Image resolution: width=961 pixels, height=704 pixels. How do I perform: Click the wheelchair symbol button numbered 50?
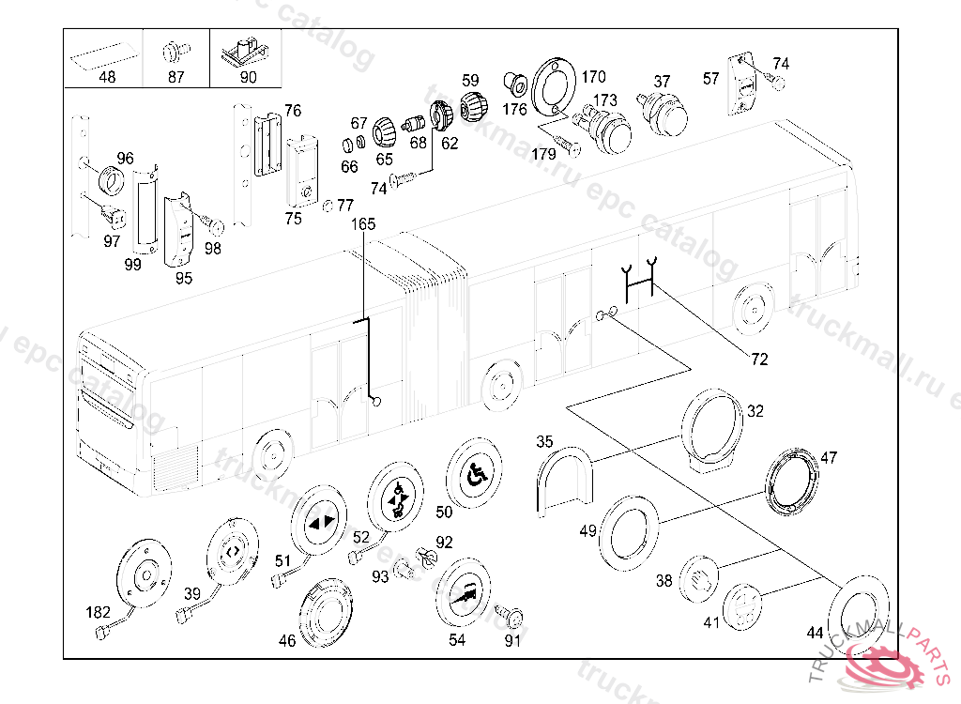pyautogui.click(x=475, y=475)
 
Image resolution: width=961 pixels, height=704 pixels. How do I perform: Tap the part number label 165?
pyautogui.click(x=363, y=224)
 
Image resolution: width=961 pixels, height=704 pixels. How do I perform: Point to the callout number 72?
pyautogui.click(x=759, y=359)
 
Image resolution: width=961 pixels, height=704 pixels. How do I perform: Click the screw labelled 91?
pyautogui.click(x=512, y=618)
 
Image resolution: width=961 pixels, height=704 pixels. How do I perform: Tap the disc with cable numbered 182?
pyautogui.click(x=144, y=574)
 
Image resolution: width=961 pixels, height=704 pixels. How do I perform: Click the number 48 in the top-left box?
pyautogui.click(x=107, y=78)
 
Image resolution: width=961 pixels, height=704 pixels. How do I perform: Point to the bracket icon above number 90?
pyautogui.click(x=249, y=50)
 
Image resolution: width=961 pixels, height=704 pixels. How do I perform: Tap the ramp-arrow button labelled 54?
pyautogui.click(x=464, y=590)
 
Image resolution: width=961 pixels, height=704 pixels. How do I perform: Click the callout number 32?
pyautogui.click(x=755, y=410)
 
